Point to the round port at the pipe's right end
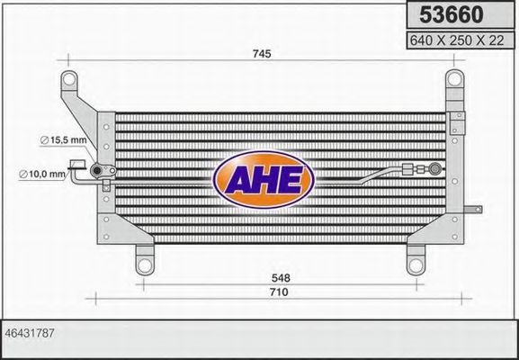(435, 166)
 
